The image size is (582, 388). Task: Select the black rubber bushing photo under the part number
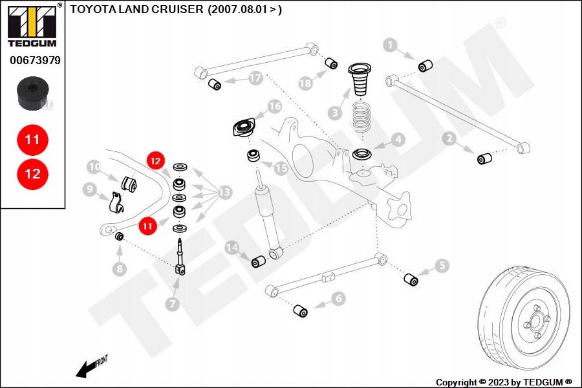32,94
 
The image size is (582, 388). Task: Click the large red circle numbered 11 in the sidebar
32,139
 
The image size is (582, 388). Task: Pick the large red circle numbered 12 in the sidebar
32,173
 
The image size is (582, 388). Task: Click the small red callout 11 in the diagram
148,226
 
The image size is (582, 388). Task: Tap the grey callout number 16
275,106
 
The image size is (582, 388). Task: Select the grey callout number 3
334,113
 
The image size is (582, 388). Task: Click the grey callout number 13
224,193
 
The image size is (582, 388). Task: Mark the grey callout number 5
442,265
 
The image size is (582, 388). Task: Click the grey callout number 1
390,45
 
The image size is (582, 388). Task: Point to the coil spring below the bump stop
363,117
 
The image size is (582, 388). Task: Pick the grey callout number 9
90,189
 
